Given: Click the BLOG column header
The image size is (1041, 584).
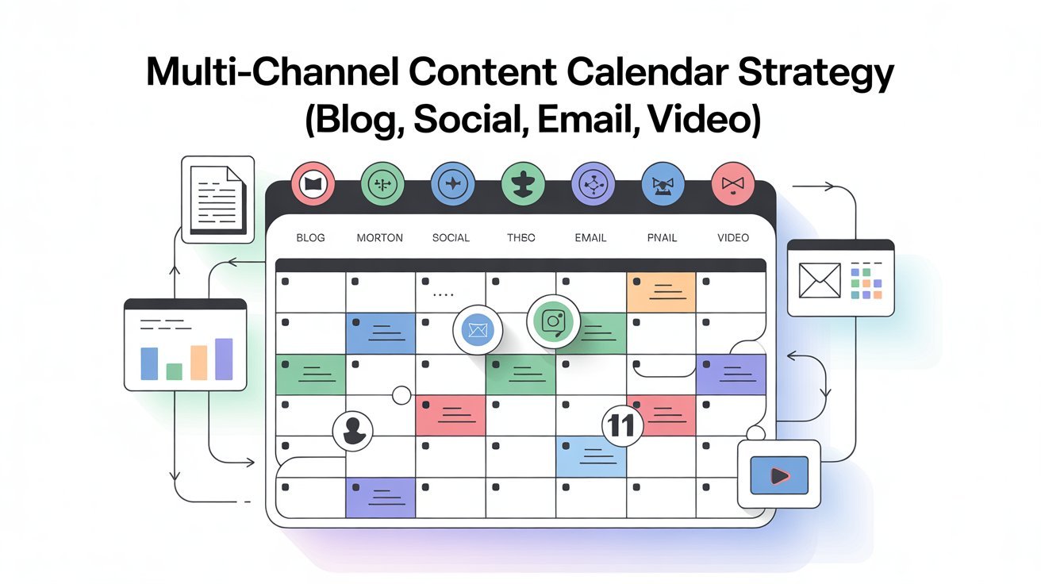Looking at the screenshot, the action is click(x=310, y=238).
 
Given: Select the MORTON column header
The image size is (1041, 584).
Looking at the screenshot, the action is click(x=380, y=238).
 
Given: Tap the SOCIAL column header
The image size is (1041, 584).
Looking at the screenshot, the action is click(x=451, y=238).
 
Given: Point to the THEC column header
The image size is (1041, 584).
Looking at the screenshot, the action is click(x=521, y=238).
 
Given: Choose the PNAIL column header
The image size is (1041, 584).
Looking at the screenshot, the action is click(x=662, y=238).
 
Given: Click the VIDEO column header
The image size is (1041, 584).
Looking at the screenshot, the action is click(x=733, y=238).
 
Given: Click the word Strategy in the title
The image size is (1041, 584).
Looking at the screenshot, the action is click(x=816, y=75).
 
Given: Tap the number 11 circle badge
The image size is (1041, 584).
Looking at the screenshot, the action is click(x=622, y=425).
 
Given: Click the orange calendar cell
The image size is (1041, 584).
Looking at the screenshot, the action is click(x=661, y=292).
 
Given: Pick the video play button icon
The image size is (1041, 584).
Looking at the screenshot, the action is click(x=779, y=474).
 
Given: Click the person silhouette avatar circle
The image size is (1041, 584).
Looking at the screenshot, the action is click(x=353, y=431).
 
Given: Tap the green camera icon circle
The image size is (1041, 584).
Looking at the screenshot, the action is click(x=554, y=321).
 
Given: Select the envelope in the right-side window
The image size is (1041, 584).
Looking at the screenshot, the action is click(x=820, y=281).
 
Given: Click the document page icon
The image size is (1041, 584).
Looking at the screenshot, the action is click(x=218, y=199).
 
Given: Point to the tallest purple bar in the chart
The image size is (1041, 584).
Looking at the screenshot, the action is click(x=224, y=359).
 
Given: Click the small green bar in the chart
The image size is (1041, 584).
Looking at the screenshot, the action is click(x=175, y=371).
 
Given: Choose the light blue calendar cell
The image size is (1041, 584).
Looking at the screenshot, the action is click(x=591, y=457).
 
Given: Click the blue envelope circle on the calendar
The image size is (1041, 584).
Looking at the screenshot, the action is click(x=478, y=330).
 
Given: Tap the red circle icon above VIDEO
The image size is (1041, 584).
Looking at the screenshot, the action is click(x=733, y=184).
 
